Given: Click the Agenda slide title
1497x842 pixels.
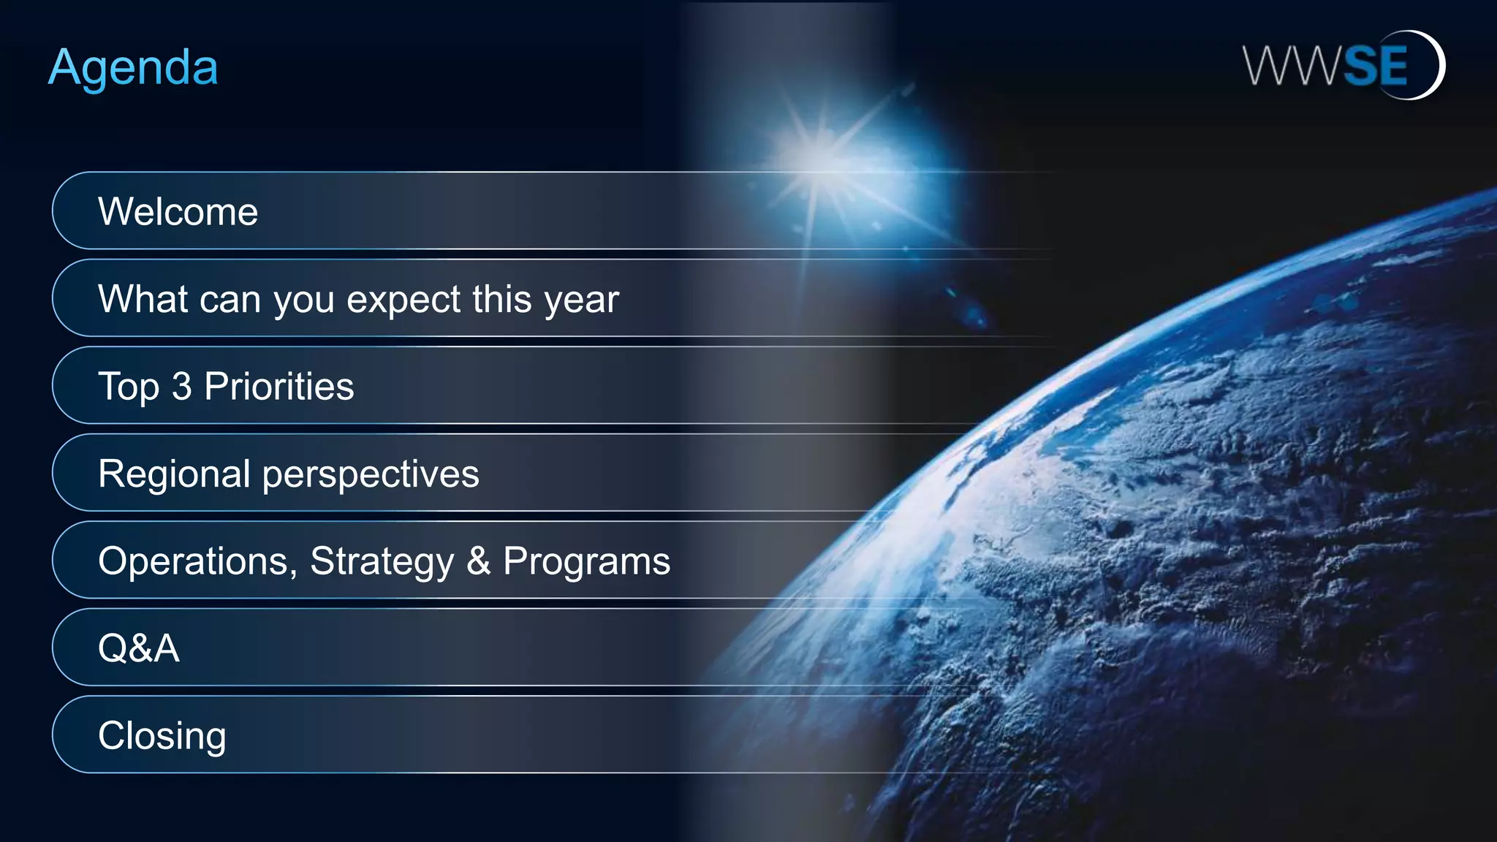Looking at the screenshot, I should (133, 68).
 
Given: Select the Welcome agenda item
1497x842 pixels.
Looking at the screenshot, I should (178, 212).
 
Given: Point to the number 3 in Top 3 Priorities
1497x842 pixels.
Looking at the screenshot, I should (181, 386).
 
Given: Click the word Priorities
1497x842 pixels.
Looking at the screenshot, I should (278, 386).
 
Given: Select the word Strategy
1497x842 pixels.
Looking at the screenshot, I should (382, 562).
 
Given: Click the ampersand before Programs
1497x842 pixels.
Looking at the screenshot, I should (479, 561).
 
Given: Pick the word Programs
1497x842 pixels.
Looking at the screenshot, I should (586, 562).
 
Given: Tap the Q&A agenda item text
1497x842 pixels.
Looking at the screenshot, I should (138, 648).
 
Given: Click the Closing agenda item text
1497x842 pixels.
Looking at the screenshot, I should (162, 736).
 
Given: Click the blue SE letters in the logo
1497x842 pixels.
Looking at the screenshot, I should (1375, 66).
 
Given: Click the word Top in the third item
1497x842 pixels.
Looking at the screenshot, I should (128, 387).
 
